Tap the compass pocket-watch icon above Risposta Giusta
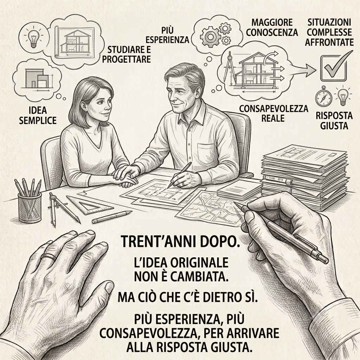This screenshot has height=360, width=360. (323, 97)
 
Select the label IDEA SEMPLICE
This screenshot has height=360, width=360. (38, 115)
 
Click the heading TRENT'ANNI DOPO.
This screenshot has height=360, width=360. (180, 241)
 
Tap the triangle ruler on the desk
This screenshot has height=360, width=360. (90, 205)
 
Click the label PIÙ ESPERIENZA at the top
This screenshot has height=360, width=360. (167, 35)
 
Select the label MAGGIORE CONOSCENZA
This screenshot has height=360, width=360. (272, 27)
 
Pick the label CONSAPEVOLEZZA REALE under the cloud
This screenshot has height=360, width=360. (274, 114)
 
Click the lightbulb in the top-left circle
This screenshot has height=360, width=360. (34, 38)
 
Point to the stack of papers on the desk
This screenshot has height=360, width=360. (304, 176)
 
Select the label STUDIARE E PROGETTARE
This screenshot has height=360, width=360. (126, 54)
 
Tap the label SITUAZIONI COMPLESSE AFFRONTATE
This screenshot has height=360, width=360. (329, 32)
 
